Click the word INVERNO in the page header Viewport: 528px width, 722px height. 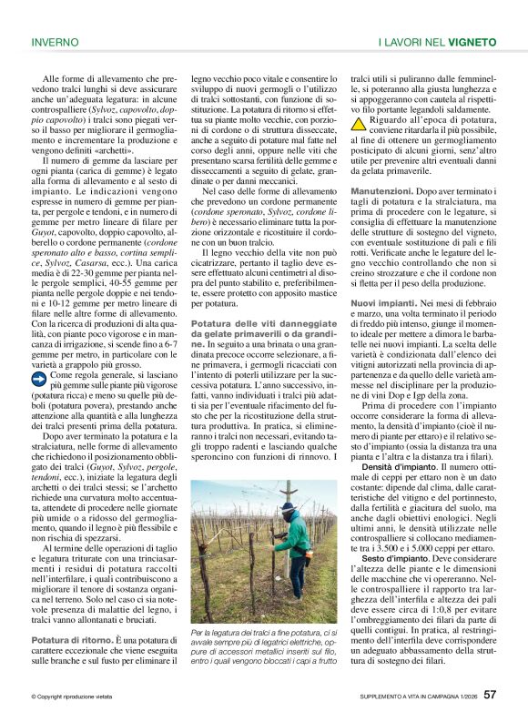click(55, 43)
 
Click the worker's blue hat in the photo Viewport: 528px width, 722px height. click(288, 508)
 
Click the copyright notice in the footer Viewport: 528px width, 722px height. click(74, 697)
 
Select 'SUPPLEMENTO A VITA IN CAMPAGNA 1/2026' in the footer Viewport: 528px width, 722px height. click(413, 697)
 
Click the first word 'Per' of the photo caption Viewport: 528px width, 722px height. click(198, 634)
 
